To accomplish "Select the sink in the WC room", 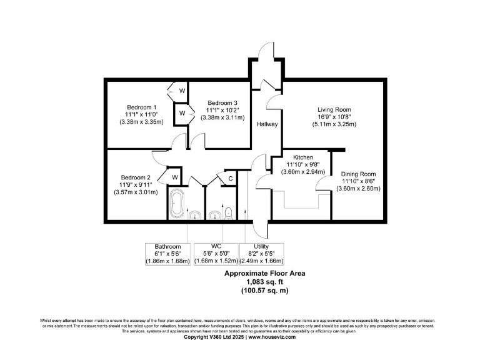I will [214, 216].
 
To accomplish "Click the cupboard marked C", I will [230, 179].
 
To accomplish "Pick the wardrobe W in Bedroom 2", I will [176, 177].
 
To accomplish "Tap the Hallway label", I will [267, 124].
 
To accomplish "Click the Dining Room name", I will [357, 174].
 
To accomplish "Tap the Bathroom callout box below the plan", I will [168, 253].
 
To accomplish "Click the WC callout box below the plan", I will [216, 253].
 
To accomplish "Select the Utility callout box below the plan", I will [262, 253].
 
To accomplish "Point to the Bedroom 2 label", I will [136, 177].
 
